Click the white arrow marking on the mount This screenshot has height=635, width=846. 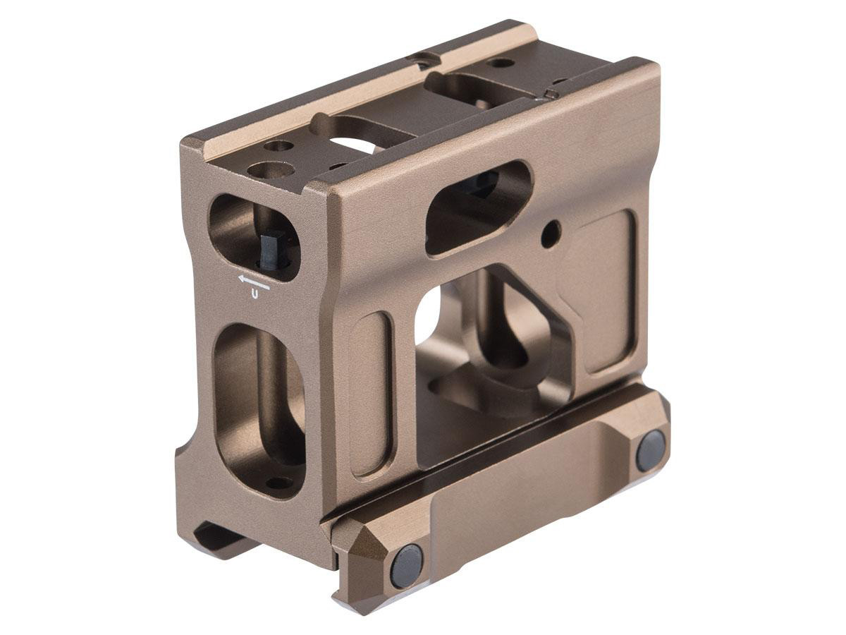point(255,282)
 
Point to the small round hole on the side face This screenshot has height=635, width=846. point(552,230)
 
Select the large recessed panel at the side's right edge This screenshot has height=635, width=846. point(603,289)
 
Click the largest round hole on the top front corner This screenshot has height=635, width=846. point(271,170)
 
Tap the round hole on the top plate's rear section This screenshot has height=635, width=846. point(501,63)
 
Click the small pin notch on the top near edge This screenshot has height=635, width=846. point(551,95)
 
